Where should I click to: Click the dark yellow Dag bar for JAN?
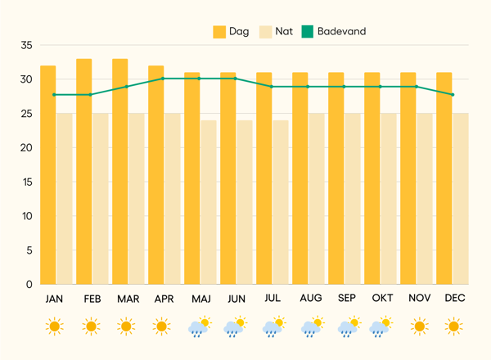click(x=48, y=175)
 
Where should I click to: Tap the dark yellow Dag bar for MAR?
click(x=120, y=172)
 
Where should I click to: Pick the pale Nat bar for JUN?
click(x=244, y=202)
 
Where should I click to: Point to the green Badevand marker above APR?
click(x=162, y=79)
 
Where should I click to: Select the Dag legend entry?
click(x=232, y=31)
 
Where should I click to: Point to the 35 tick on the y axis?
click(x=26, y=46)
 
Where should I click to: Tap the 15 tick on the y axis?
click(x=26, y=182)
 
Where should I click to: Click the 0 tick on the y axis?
click(x=29, y=285)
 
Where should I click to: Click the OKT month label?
click(x=383, y=299)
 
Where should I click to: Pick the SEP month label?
click(x=346, y=299)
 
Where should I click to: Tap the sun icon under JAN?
click(x=54, y=327)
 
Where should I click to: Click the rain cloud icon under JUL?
click(x=273, y=328)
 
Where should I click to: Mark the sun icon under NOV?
click(x=419, y=327)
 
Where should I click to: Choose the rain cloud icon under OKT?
click(x=381, y=328)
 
